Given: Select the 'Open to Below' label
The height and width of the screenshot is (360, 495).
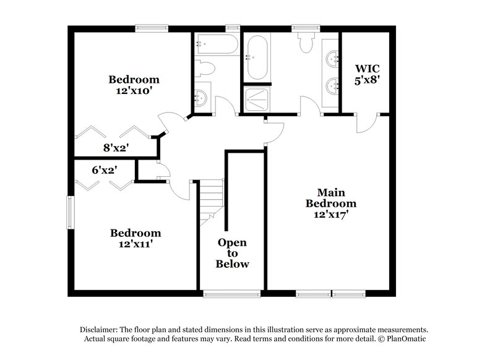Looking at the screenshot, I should pos(232,253).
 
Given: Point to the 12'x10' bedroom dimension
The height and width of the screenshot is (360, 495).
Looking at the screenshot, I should pos(134,90).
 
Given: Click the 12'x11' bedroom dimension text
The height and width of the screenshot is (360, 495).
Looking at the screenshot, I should pos(136,244).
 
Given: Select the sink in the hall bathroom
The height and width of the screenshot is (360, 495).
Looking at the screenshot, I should pos(201,97).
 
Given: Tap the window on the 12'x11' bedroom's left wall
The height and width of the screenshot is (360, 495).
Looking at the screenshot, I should pos(71,213).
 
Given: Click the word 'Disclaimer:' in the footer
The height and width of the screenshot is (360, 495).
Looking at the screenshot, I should pos(99,330).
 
